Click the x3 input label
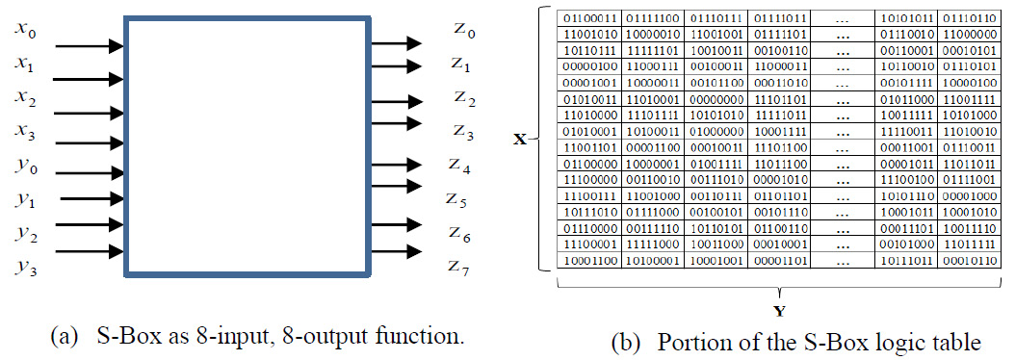pos(27,129)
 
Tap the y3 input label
pos(27,267)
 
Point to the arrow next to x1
pos(89,79)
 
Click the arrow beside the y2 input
pos(89,227)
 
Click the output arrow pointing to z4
pos(395,167)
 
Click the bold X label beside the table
pos(520,140)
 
